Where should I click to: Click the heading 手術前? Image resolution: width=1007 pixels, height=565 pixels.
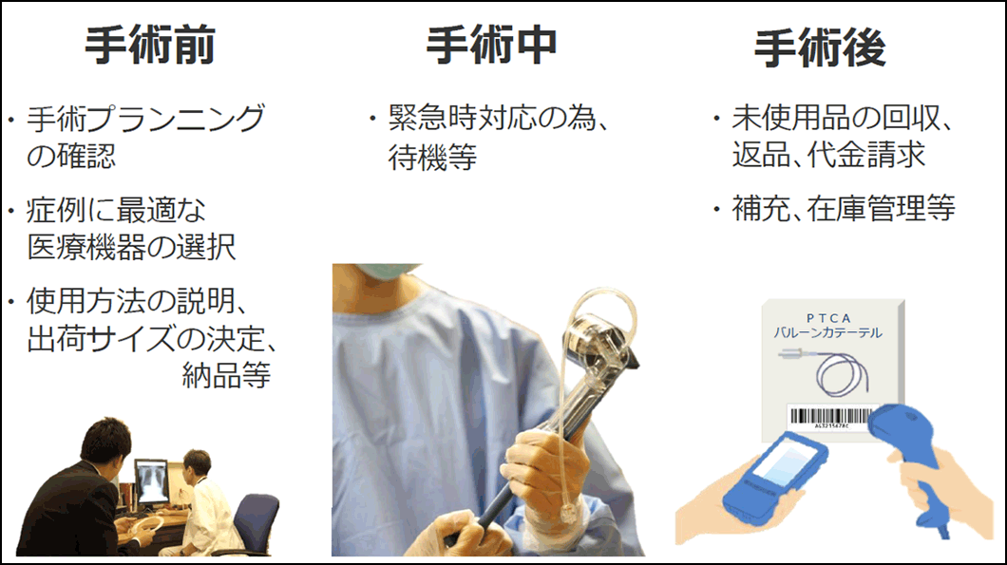coord(150,46)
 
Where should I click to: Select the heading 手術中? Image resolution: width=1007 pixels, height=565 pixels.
coord(491,46)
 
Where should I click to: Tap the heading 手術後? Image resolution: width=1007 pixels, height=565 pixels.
coord(820,47)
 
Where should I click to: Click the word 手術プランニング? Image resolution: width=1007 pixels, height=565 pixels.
coord(145,119)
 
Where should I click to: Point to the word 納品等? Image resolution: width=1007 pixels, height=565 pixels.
coord(226,376)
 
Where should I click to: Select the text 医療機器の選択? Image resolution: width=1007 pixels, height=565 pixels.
coord(132,247)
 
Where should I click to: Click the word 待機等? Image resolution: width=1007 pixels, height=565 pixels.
coord(432,157)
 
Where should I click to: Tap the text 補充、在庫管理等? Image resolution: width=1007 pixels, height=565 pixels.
coord(844,209)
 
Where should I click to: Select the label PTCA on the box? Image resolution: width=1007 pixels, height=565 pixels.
coord(828,318)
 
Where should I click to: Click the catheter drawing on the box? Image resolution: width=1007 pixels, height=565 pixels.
coord(827,372)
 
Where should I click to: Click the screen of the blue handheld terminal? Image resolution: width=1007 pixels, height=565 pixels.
coord(788,463)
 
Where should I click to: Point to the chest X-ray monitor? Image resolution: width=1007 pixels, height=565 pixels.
coord(152,482)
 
